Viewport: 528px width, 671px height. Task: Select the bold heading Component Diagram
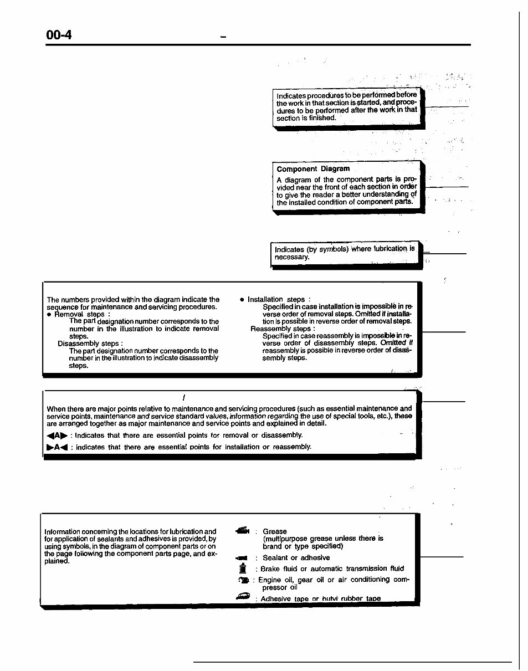[313, 169]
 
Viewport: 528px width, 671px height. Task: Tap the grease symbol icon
[243, 531]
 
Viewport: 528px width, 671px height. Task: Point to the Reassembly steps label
[283, 329]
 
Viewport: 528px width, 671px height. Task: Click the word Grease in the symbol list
[274, 531]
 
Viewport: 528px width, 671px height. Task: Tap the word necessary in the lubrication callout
[292, 257]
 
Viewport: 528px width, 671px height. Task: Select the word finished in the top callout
[321, 118]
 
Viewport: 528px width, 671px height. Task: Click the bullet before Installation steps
[242, 300]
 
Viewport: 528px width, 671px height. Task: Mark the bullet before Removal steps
[49, 315]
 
